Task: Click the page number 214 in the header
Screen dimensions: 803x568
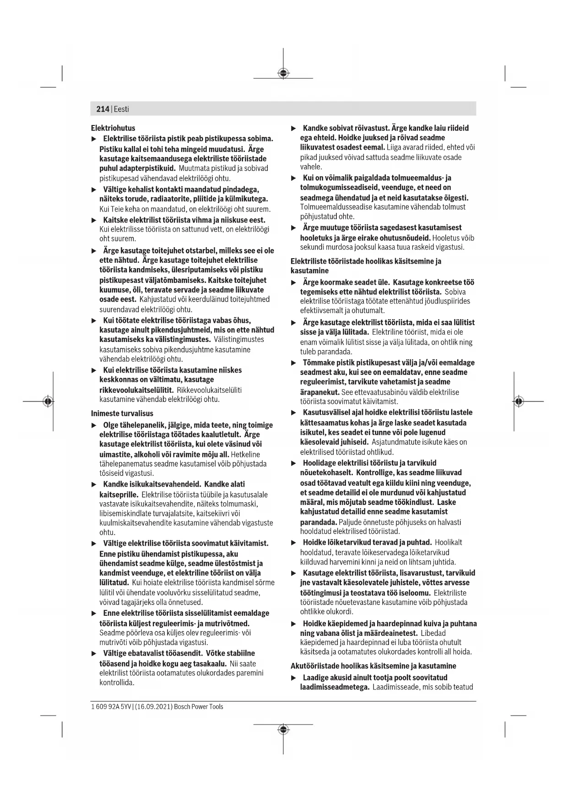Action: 103,109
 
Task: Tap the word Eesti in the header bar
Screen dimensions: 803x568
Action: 121,109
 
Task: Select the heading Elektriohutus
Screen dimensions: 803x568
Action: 113,128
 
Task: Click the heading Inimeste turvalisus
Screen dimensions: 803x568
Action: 122,413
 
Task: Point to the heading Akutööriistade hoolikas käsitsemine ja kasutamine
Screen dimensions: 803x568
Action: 373,666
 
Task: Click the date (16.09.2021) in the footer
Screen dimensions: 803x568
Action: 154,707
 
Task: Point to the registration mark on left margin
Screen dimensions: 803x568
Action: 48,401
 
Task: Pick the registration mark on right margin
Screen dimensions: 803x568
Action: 518,401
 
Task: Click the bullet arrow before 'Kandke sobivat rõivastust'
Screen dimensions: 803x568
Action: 294,128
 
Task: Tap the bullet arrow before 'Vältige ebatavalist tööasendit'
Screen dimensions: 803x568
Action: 94,653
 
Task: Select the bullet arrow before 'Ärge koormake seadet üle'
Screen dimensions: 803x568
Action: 294,282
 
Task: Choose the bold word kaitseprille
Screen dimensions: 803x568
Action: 119,495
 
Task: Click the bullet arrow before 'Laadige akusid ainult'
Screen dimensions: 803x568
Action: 294,678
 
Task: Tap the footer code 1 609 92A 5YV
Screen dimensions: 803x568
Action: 111,707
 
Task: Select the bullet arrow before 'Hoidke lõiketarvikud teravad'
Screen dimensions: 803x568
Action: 294,543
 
